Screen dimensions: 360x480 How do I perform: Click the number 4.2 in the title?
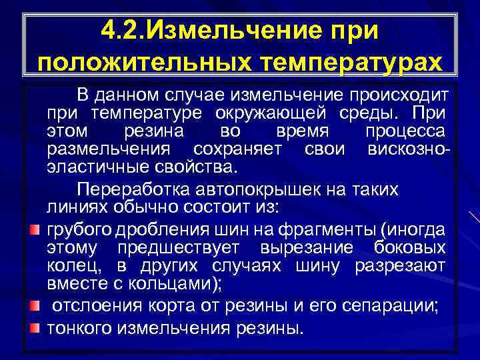click(x=124, y=29)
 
